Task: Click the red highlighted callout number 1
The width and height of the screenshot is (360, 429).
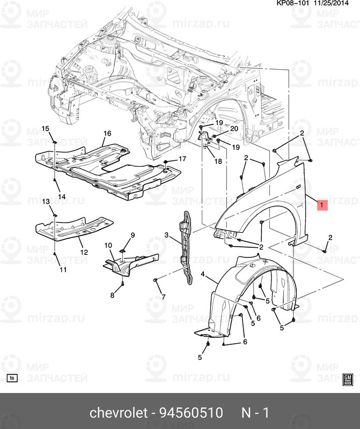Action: (x=322, y=205)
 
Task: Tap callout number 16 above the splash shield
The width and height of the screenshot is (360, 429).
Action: (x=107, y=133)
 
